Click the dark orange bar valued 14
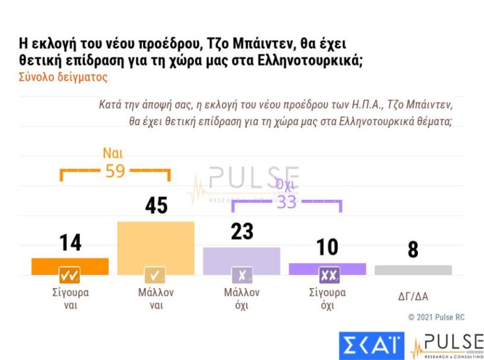pyautogui.click(x=70, y=266)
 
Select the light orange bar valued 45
pyautogui.click(x=156, y=248)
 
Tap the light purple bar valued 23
pyautogui.click(x=241, y=261)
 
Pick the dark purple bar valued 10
pyautogui.click(x=327, y=269)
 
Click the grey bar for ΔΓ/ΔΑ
pyautogui.click(x=413, y=270)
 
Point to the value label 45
pyautogui.click(x=156, y=206)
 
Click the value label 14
pyautogui.click(x=71, y=243)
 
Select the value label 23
pyautogui.click(x=242, y=231)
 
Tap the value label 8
pyautogui.click(x=413, y=251)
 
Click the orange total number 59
pyautogui.click(x=115, y=171)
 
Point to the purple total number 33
pyautogui.click(x=286, y=202)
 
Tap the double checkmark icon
pyautogui.click(x=70, y=274)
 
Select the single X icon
pyautogui.click(x=241, y=274)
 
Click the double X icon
pyautogui.click(x=327, y=274)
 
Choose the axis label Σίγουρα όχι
pyautogui.click(x=327, y=299)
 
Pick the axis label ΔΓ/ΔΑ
pyautogui.click(x=413, y=296)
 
